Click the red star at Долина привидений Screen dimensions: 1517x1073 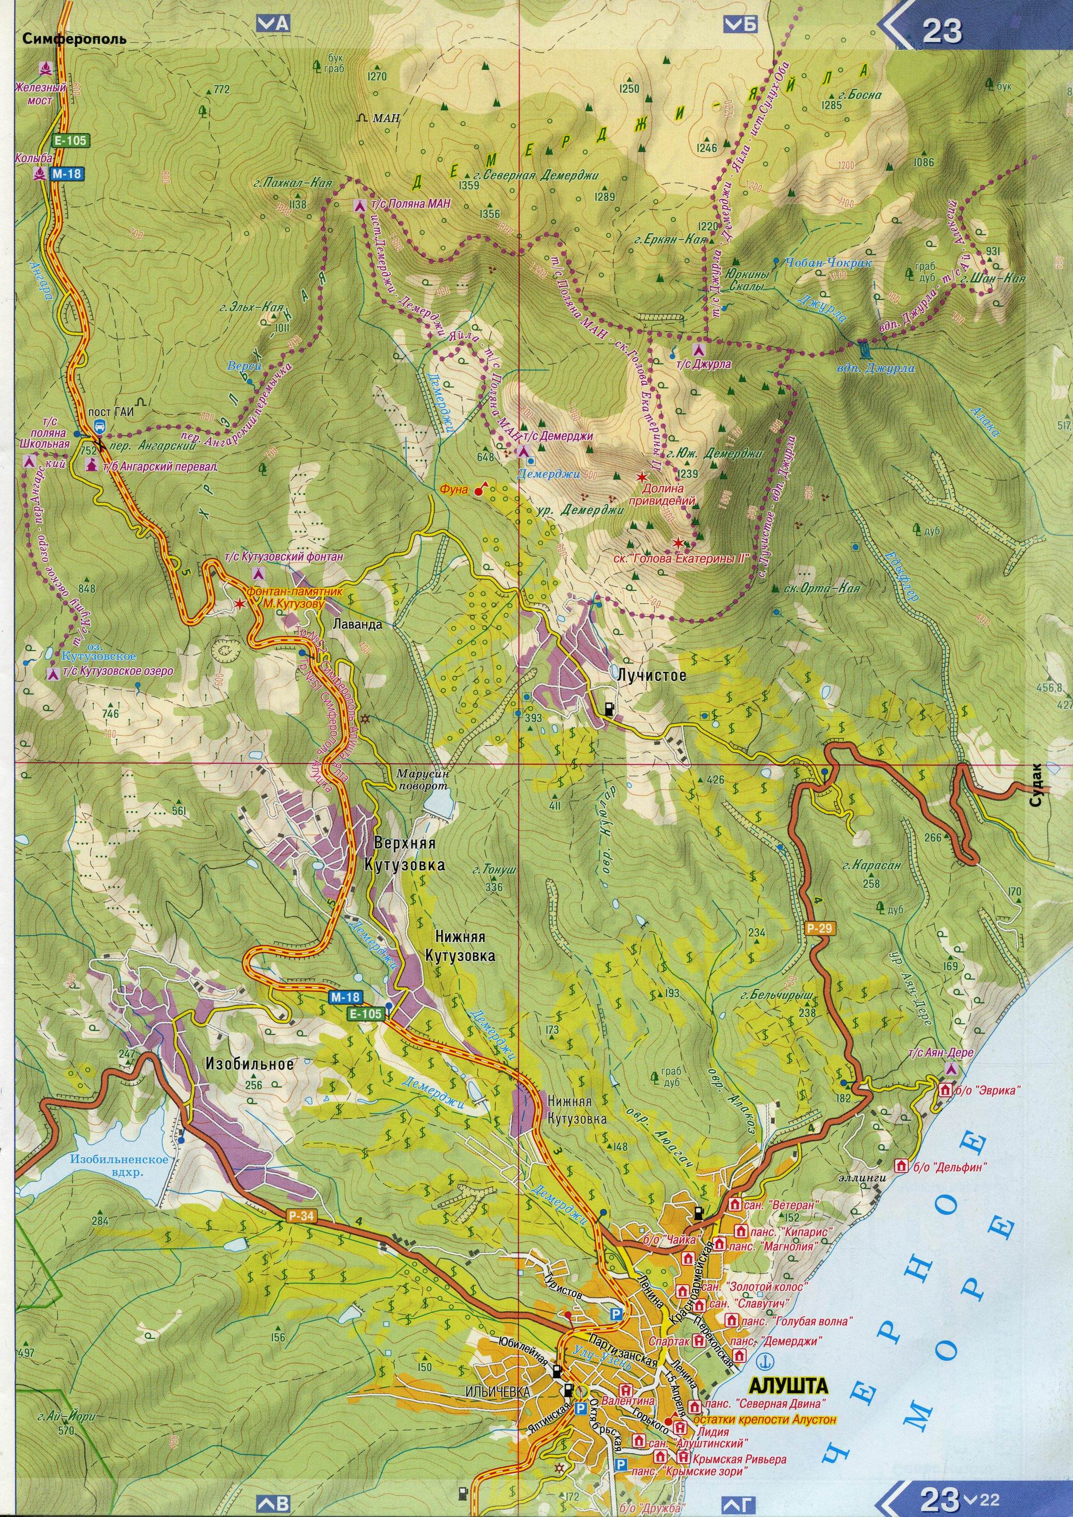pos(641,476)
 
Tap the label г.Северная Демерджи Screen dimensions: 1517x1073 pos(536,176)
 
